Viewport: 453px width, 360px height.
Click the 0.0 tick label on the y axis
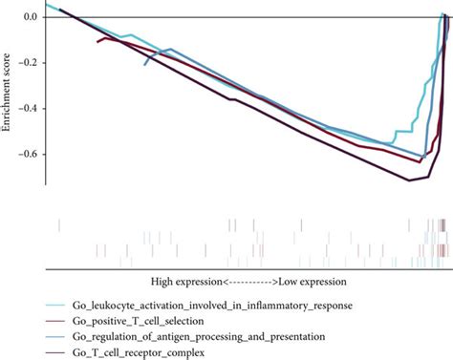[27, 16]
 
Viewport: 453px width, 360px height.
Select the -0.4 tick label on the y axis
[24, 108]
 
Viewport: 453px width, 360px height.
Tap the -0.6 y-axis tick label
[24, 154]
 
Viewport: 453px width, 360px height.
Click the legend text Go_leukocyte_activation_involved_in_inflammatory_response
[211, 306]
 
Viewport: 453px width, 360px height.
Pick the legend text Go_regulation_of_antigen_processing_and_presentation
[200, 338]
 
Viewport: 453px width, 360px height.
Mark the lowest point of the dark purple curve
[410, 180]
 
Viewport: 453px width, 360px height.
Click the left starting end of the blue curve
[144, 64]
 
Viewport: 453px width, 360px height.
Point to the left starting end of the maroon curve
[97, 42]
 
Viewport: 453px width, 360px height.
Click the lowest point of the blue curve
[421, 157]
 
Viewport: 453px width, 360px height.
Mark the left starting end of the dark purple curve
[59, 10]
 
